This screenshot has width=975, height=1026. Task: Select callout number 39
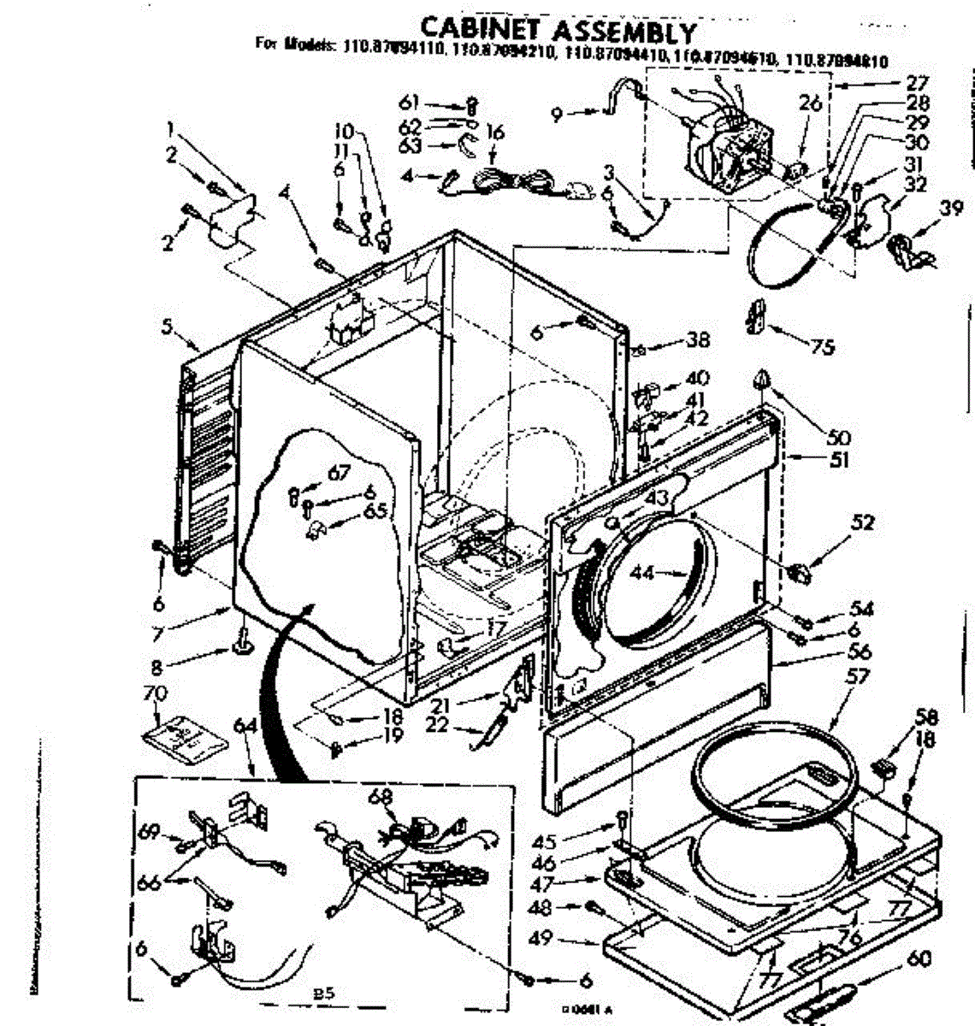point(950,208)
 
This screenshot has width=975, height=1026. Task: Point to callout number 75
point(821,347)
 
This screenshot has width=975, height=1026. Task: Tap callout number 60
point(919,958)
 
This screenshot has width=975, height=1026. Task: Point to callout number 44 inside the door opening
point(642,572)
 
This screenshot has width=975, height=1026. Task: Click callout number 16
point(494,132)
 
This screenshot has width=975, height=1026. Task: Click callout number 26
point(809,104)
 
